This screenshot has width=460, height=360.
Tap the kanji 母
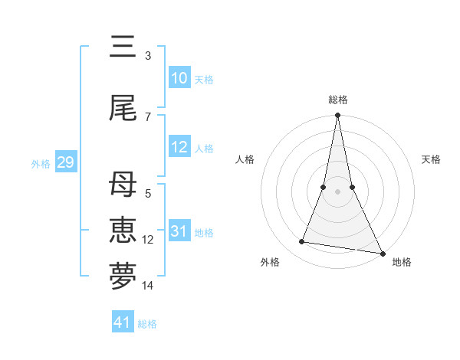coord(123,185)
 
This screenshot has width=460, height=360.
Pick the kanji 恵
coord(123,231)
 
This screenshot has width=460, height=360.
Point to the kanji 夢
coord(123,277)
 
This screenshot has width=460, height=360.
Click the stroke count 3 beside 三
coord(148,56)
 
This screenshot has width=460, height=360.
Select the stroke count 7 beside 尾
coord(148,117)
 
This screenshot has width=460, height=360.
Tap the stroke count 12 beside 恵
coord(149,240)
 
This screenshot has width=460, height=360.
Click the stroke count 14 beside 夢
coord(149,286)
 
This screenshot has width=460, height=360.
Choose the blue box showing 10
coord(179,77)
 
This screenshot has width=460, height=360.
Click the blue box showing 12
coord(179,147)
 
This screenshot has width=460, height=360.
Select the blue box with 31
coord(179,231)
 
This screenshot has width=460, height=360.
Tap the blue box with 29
coord(65,162)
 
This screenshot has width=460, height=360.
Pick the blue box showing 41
coord(123,322)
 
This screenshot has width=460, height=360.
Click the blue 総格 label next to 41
coord(147,324)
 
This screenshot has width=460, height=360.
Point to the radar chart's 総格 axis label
coord(338,100)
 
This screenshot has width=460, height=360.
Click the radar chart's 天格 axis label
coord(432,159)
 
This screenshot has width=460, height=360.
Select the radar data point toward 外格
coord(302,242)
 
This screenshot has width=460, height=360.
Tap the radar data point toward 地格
coord(382,253)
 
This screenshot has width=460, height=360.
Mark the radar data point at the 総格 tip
coord(337,116)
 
